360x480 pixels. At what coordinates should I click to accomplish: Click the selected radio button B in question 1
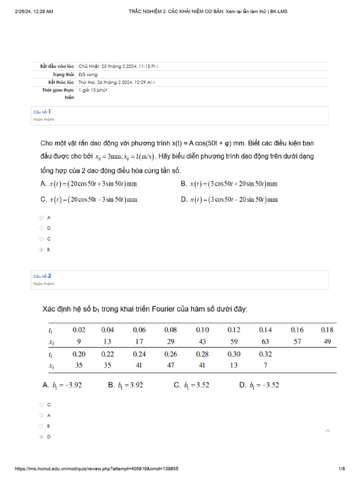pyautogui.click(x=42, y=250)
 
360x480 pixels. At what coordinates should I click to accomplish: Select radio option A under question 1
pyautogui.click(x=42, y=217)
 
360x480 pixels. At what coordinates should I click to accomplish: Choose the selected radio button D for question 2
pyautogui.click(x=42, y=437)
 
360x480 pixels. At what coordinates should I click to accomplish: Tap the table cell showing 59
pyautogui.click(x=233, y=341)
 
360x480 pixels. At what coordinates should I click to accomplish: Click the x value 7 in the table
pyautogui.click(x=265, y=365)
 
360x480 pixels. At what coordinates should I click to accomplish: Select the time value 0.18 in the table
pyautogui.click(x=327, y=330)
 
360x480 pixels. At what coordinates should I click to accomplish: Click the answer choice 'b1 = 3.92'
pyautogui.click(x=126, y=385)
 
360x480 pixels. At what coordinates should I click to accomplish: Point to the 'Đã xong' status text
pyautogui.click(x=88, y=75)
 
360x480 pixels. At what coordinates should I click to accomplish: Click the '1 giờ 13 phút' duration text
pyautogui.click(x=93, y=90)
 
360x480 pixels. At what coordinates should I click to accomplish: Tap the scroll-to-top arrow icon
pyautogui.click(x=328, y=431)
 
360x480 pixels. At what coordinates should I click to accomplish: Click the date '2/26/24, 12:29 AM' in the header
pyautogui.click(x=34, y=11)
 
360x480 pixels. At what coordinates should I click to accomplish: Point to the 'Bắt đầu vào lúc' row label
pyautogui.click(x=57, y=67)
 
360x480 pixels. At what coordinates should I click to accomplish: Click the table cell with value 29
pyautogui.click(x=171, y=341)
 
